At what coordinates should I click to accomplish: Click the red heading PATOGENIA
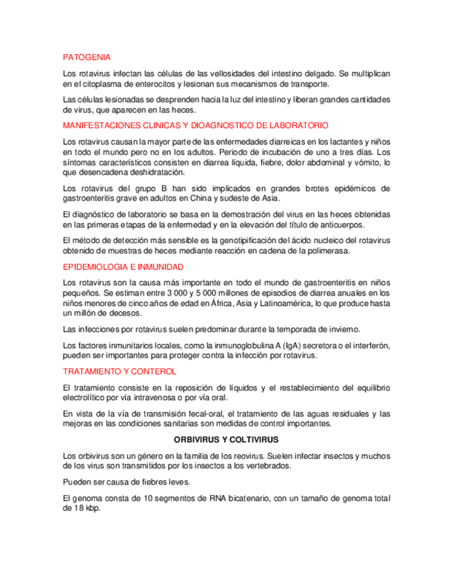click(86, 57)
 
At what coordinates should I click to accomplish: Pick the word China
click(201, 197)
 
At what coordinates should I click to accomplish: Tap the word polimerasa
click(328, 251)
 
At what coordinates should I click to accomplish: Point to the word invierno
click(342, 329)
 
